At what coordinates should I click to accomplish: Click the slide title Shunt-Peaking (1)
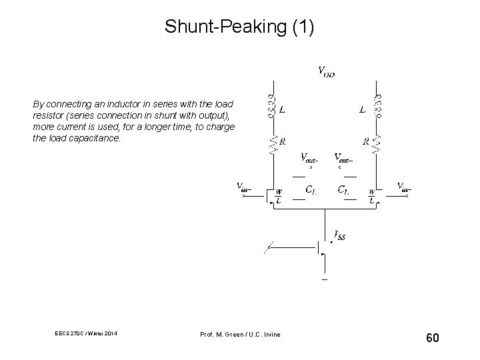coord(239,27)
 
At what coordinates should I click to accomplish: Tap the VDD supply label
coord(325,71)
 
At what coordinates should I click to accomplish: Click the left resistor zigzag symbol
coord(271,143)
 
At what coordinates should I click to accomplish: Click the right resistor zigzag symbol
coord(378,143)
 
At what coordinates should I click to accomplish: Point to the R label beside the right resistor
coord(366,141)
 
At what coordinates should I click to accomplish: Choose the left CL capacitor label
coord(310,190)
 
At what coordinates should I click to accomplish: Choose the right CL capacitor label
coord(342,190)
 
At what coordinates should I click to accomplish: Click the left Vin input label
coord(244,186)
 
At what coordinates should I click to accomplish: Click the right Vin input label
coord(404,186)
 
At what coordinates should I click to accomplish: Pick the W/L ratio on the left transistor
coord(279,198)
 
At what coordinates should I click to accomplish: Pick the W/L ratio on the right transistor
coord(371,198)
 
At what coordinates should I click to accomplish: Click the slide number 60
coord(432,339)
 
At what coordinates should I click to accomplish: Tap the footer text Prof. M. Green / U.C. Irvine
coord(239,334)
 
